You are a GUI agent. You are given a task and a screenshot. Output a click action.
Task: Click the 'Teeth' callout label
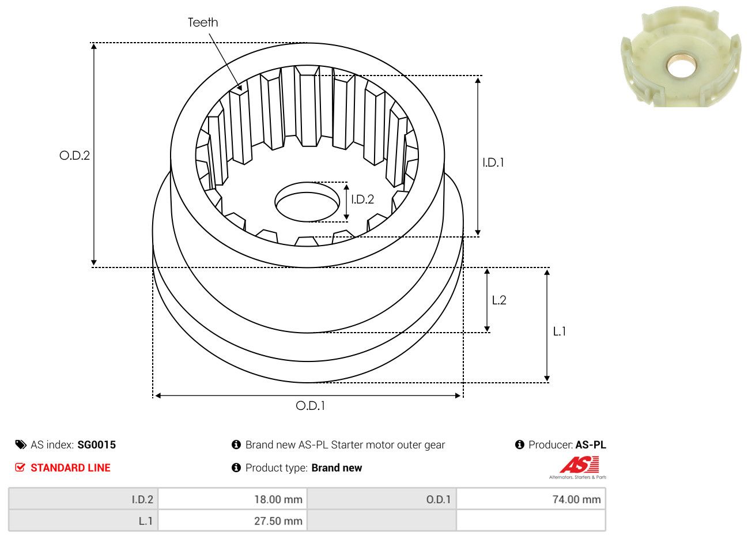pos(203,22)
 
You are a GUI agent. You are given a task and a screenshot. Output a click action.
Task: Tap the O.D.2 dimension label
pos(74,156)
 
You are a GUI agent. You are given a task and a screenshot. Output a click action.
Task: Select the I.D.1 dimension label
pos(493,163)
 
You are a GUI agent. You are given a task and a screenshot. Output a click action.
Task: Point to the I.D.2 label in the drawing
pos(362,199)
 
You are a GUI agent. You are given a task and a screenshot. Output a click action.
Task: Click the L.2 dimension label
pos(499,300)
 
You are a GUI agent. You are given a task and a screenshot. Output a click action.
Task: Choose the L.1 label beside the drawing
pos(560,331)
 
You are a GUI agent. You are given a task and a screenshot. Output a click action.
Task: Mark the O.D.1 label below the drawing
pos(310,406)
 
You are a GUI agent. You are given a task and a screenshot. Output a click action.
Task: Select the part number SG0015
pos(96,445)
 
